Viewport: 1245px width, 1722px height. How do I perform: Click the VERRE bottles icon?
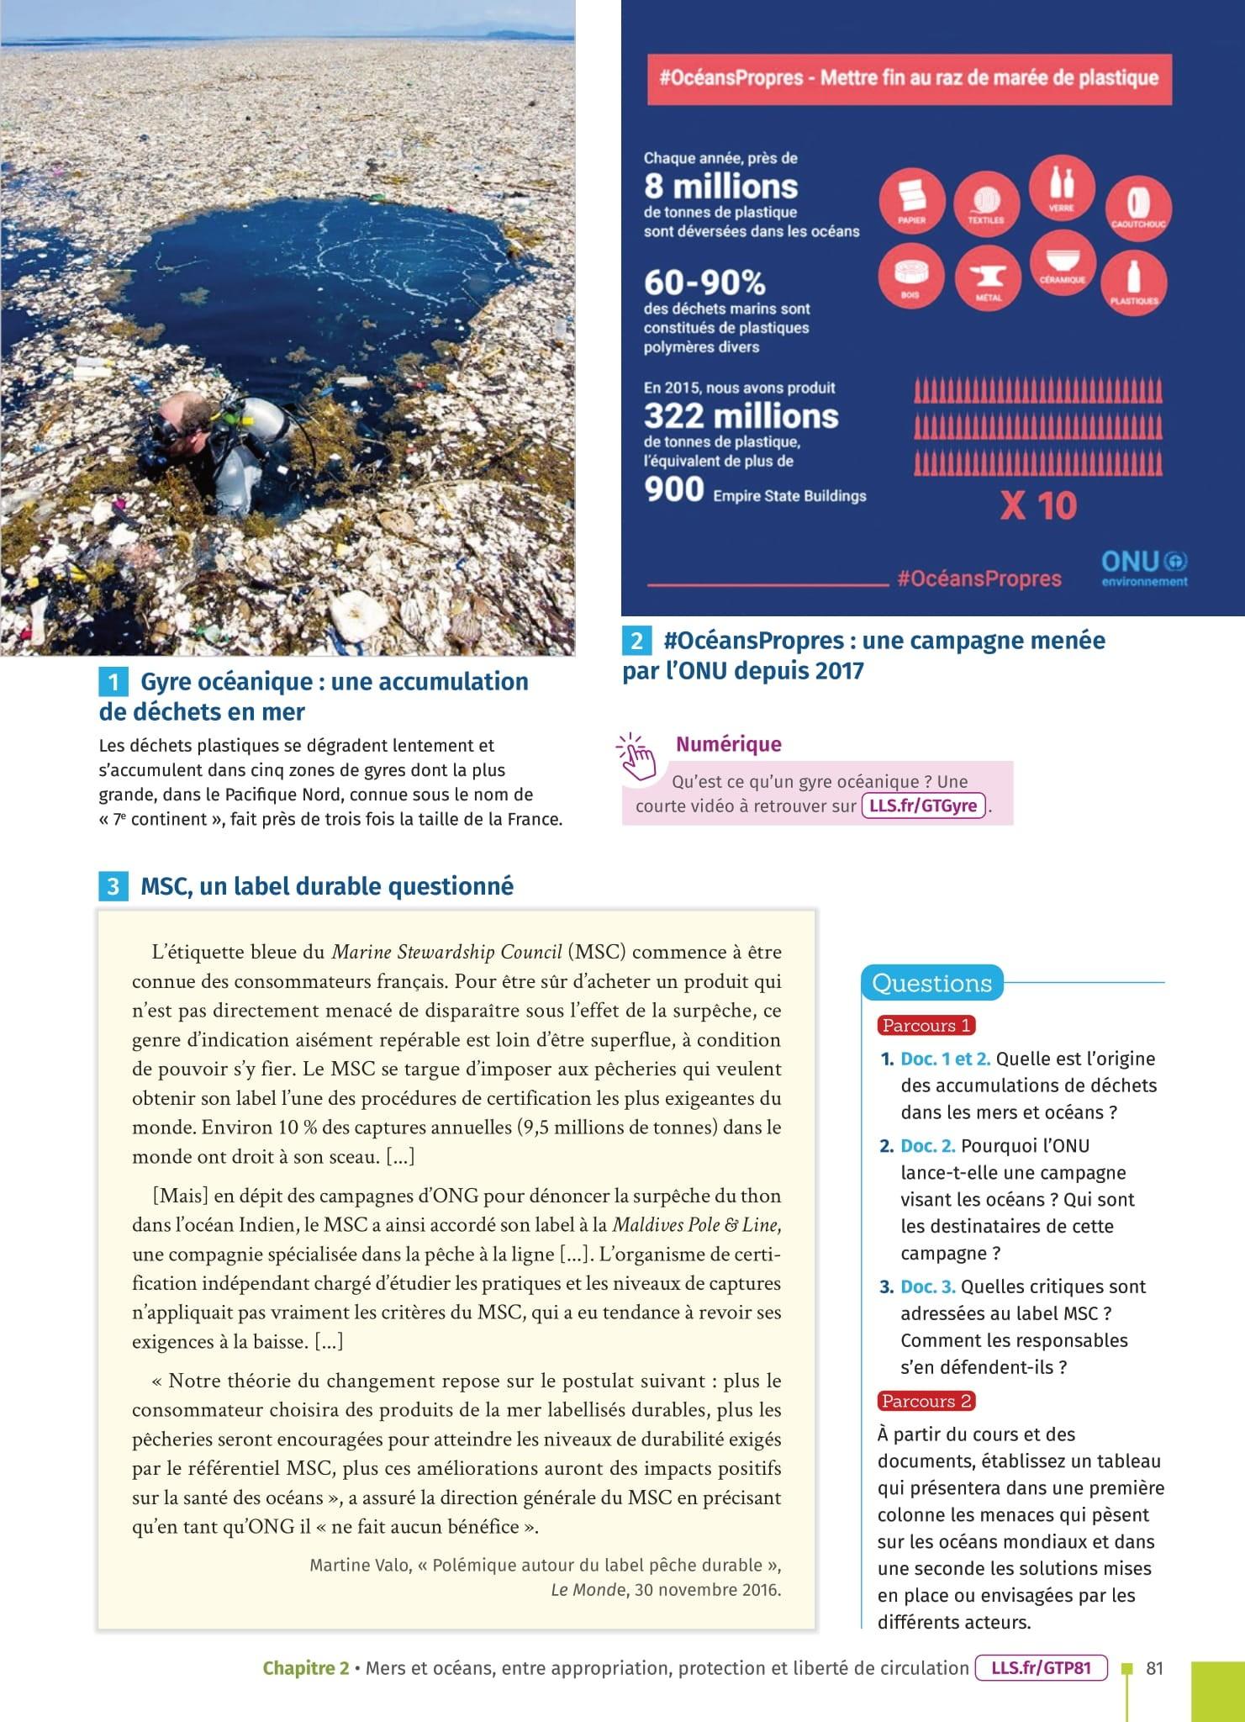coord(1061,187)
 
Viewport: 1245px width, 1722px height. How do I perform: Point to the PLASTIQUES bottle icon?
coord(1134,281)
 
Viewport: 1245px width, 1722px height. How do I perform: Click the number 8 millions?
coord(720,186)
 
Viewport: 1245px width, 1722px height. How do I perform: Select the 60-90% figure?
coord(704,282)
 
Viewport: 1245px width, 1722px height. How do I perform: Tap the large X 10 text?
coord(1038,505)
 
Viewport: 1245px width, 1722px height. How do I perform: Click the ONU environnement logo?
coord(1144,568)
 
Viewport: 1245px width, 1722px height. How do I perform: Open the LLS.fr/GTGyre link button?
coord(923,806)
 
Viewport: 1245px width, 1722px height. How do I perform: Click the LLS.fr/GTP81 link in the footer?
coord(1041,1667)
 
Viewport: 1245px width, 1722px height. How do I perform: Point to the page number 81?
coord(1155,1668)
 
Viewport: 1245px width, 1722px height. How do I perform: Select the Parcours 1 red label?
coord(926,1025)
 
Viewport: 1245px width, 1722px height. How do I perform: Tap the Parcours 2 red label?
coord(926,1401)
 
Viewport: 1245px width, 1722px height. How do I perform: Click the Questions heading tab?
coord(931,983)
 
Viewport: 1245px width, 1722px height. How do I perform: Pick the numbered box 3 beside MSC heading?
coord(113,886)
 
